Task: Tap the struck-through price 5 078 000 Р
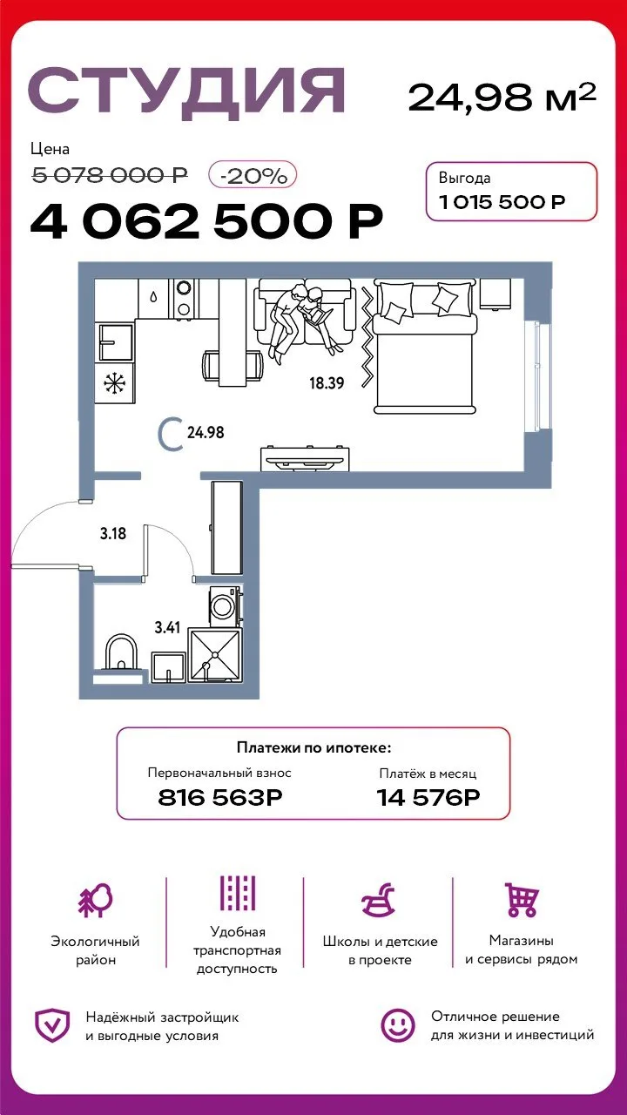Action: coord(110,175)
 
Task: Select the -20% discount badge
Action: coord(253,175)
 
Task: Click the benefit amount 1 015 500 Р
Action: coord(502,201)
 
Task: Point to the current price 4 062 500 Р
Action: coord(206,221)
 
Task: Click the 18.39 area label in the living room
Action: coord(327,382)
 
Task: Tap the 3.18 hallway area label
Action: coord(113,534)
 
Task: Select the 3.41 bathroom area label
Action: coord(167,627)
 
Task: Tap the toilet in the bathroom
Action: coord(121,653)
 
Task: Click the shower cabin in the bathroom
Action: coord(215,655)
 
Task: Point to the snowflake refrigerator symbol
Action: coord(115,382)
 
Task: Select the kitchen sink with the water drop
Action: coord(154,298)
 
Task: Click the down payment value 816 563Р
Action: coord(220,797)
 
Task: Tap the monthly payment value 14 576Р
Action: coord(428,797)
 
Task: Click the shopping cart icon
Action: coord(521,900)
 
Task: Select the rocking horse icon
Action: coord(378,900)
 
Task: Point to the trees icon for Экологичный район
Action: coord(96,901)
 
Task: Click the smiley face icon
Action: coord(398,1025)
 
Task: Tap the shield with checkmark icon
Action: coord(51,1025)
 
